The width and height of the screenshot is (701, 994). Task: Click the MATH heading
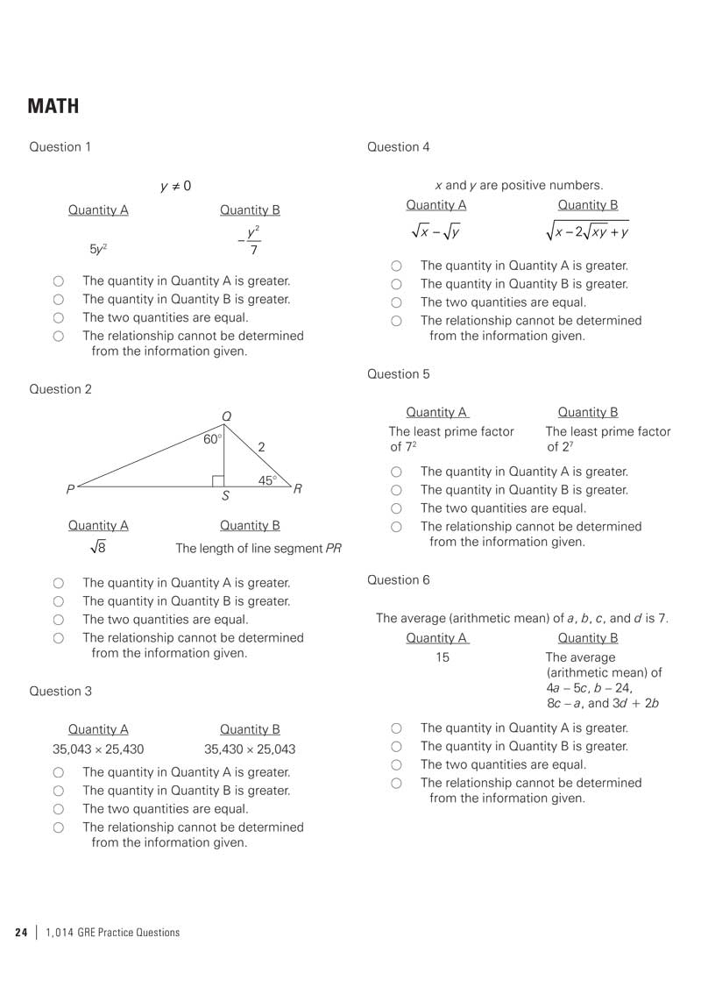pyautogui.click(x=53, y=107)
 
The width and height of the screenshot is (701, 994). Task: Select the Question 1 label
pyautogui.click(x=60, y=147)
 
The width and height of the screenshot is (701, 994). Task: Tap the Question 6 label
pyautogui.click(x=399, y=580)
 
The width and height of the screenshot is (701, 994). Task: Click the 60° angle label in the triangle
pyautogui.click(x=213, y=439)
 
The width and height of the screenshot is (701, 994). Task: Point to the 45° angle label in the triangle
pyautogui.click(x=267, y=480)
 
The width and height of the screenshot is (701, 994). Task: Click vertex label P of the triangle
pyautogui.click(x=69, y=488)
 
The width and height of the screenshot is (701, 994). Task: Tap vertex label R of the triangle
pyautogui.click(x=298, y=488)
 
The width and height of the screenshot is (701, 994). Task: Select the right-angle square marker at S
pyautogui.click(x=218, y=480)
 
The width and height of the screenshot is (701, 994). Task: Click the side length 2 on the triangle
pyautogui.click(x=261, y=447)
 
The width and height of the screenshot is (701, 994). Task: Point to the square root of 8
pyautogui.click(x=98, y=548)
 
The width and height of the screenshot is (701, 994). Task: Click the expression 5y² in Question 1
pyautogui.click(x=98, y=249)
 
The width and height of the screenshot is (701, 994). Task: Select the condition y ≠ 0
pyautogui.click(x=175, y=187)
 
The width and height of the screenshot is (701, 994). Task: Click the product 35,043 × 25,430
pyautogui.click(x=98, y=749)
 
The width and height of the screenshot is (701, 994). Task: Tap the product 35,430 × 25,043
pyautogui.click(x=250, y=749)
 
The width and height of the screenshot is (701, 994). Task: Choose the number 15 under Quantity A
pyautogui.click(x=443, y=657)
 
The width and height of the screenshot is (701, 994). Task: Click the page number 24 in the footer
pyautogui.click(x=21, y=933)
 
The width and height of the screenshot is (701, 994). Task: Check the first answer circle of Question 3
pyautogui.click(x=58, y=773)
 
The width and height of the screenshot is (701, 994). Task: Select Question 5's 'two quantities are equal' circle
pyautogui.click(x=396, y=508)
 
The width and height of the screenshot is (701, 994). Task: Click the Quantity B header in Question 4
pyautogui.click(x=588, y=205)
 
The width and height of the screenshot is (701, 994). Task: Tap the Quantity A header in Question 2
pyautogui.click(x=98, y=526)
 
